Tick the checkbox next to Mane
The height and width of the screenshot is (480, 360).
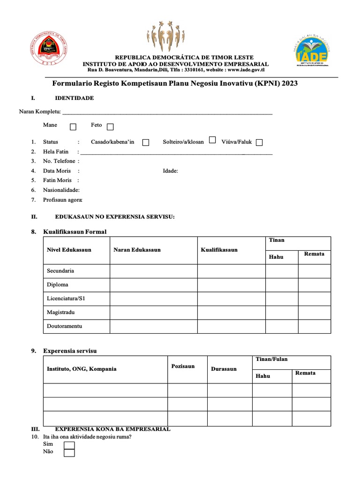pos(73,127)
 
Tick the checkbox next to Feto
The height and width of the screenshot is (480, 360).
pos(110,127)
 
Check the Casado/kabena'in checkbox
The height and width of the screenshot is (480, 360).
pos(146,142)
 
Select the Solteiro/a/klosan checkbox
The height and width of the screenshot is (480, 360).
pos(212,140)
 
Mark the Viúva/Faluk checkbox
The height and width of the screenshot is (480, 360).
pos(259,142)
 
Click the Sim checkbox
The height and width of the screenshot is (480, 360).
pos(69,445)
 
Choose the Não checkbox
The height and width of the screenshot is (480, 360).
pos(69,452)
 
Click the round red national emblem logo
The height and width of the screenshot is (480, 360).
pos(49,50)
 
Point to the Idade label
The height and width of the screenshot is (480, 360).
pos(170,171)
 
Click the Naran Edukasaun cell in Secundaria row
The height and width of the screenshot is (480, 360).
pos(154,271)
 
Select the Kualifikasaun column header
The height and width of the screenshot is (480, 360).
pos(219,250)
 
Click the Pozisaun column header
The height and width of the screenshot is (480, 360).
pos(183,366)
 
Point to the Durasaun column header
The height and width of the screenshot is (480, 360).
pos(224,369)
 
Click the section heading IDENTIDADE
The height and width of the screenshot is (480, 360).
pos(74,98)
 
